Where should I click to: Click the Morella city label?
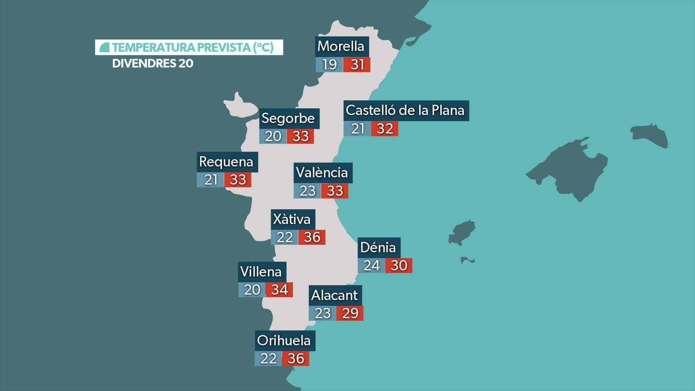point(341,46)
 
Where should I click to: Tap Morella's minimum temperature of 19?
point(329,65)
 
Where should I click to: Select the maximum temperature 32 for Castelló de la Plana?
point(385,129)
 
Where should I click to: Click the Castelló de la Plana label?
point(405,110)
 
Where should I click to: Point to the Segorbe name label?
point(288,118)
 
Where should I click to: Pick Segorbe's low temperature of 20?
point(273,136)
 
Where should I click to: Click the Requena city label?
point(226,162)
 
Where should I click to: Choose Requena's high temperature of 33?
point(238,179)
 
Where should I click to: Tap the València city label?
point(322,172)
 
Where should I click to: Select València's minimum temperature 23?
point(307,191)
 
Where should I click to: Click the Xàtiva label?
point(292,219)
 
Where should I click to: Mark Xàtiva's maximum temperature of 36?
point(312,237)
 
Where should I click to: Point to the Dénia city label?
point(378,247)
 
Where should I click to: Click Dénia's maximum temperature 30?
point(399,265)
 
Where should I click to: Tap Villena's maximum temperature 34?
point(279,290)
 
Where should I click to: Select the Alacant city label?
point(334,295)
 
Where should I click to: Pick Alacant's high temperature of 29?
point(350,313)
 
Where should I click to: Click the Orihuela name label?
point(284,340)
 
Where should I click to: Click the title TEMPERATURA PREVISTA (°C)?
point(193,47)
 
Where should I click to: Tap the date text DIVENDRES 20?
point(153,63)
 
